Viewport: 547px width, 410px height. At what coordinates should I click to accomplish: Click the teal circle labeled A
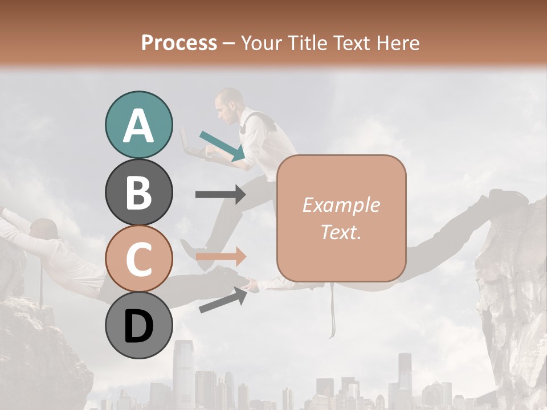138,125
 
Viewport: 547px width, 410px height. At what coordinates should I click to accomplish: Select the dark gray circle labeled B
138,192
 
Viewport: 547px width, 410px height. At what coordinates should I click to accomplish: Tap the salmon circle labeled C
138,259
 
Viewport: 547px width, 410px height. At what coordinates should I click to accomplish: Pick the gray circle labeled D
138,326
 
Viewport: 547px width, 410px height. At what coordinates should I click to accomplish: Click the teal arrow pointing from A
222,145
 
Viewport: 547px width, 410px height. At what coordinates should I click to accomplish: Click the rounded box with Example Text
341,218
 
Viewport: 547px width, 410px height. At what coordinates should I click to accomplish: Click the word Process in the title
179,43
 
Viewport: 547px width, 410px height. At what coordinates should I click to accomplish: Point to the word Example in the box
341,205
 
